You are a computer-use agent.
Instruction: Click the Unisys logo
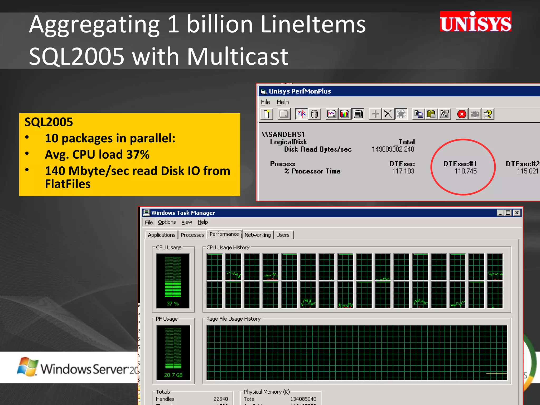coord(475,22)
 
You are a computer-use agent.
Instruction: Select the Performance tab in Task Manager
coord(224,234)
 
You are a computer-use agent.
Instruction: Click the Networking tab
coord(258,235)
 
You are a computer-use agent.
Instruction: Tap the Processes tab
coord(192,235)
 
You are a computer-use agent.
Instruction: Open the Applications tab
coord(161,235)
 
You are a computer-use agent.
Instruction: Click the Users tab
coord(283,235)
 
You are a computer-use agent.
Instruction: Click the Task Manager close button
coord(517,213)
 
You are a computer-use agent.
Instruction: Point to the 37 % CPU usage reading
coord(173,303)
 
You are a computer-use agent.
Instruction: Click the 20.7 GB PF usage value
coord(173,375)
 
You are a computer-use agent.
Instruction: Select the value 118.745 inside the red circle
coord(465,171)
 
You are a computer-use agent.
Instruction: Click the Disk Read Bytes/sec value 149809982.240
coord(393,149)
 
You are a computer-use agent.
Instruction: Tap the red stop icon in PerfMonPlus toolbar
coord(462,114)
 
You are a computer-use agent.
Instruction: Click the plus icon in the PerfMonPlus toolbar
coord(375,114)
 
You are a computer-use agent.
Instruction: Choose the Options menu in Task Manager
coord(167,222)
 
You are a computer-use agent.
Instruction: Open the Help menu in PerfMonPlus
coord(283,102)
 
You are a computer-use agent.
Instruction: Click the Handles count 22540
coord(221,399)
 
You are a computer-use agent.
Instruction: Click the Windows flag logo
coord(27,367)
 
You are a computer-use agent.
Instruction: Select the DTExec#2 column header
coord(522,164)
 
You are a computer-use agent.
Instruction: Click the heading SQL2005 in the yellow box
coord(49,122)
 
